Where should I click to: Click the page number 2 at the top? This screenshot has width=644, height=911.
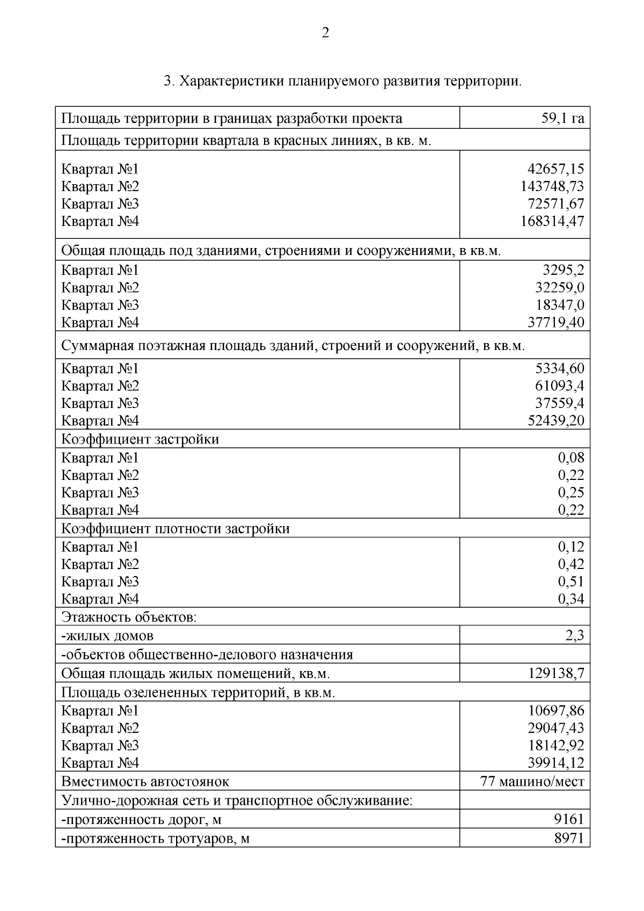pyautogui.click(x=325, y=33)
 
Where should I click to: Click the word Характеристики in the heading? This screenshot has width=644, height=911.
pyautogui.click(x=231, y=82)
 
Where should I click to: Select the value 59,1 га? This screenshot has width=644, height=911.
pyautogui.click(x=562, y=118)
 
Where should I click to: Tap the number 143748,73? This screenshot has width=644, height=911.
pyautogui.click(x=552, y=186)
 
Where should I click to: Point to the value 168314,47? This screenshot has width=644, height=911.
pyautogui.click(x=552, y=221)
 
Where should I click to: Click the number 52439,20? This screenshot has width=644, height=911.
pyautogui.click(x=556, y=420)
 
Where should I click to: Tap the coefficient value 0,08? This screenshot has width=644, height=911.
pyautogui.click(x=571, y=457)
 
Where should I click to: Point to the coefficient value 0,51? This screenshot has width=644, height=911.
pyautogui.click(x=571, y=581)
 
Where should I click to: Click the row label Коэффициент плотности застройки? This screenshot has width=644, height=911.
pyautogui.click(x=175, y=528)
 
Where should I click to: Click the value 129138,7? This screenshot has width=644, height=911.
pyautogui.click(x=556, y=673)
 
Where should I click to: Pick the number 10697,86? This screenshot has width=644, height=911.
pyautogui.click(x=556, y=711)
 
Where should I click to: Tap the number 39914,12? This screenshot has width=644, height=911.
pyautogui.click(x=556, y=762)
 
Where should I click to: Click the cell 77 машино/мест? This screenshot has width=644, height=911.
pyautogui.click(x=532, y=781)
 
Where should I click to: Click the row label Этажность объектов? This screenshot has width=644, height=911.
pyautogui.click(x=129, y=617)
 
